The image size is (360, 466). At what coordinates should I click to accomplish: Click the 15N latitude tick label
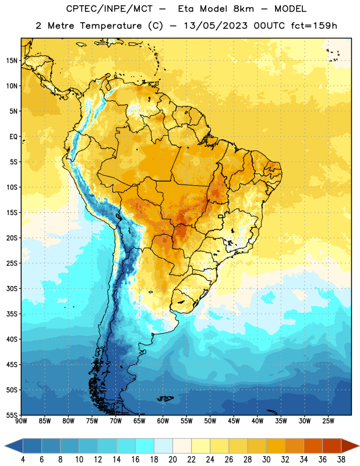(x=12, y=61)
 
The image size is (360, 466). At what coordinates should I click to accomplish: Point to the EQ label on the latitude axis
(x=13, y=137)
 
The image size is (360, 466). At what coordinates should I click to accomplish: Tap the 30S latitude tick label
(x=12, y=288)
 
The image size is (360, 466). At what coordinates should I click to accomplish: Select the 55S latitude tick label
(x=12, y=415)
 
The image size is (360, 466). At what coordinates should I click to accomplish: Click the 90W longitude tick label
(x=21, y=421)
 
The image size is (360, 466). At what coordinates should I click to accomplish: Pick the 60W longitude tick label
(x=163, y=421)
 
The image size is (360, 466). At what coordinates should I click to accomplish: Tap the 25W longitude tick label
(x=328, y=421)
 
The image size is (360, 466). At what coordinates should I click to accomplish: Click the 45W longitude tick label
(x=234, y=421)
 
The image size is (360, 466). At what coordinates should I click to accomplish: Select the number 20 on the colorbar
(x=172, y=459)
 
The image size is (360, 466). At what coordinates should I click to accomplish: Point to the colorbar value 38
(x=341, y=459)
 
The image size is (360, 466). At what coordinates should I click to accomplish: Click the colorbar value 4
(x=23, y=459)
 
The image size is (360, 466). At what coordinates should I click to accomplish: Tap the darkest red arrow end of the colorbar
(x=350, y=446)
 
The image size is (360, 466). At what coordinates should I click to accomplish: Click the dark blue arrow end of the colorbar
(x=13, y=446)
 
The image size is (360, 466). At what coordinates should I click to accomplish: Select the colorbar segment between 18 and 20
(x=163, y=446)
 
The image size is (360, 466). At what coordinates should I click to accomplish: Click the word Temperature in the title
(x=111, y=26)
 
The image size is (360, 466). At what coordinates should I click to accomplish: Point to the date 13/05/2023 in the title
(x=216, y=26)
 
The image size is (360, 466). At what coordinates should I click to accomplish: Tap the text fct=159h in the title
(x=314, y=26)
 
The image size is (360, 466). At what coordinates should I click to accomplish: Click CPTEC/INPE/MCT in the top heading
(x=110, y=9)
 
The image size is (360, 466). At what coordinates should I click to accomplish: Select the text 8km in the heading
(x=243, y=9)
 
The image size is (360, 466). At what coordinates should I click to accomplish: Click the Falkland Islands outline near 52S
(x=165, y=398)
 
